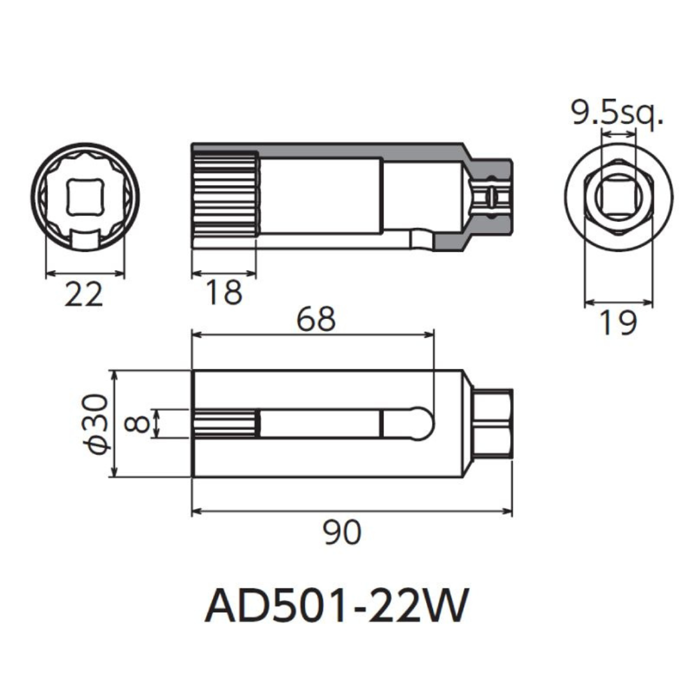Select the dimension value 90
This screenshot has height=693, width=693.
tap(343, 533)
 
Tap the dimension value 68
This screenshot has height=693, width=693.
tap(316, 319)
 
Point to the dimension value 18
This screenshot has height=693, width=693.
tap(223, 293)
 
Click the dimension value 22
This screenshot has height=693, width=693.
tap(84, 295)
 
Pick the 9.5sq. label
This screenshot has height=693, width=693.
tap(617, 115)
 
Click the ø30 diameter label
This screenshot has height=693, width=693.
tap(96, 424)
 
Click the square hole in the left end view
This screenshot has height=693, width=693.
tap(85, 196)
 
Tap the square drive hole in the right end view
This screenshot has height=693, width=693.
tap(617, 196)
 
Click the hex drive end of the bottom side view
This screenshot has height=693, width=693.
tap(493, 424)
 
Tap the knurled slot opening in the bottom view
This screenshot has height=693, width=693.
tap(226, 424)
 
